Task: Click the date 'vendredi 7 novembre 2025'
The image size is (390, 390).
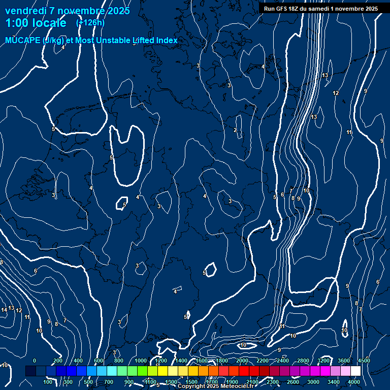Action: pyautogui.click(x=67, y=10)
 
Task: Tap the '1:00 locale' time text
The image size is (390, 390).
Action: pyautogui.click(x=36, y=23)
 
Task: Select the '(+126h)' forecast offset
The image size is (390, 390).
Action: pyautogui.click(x=90, y=22)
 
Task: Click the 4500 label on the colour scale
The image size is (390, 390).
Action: pyautogui.click(x=364, y=361)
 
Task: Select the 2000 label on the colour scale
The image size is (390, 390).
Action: pyautogui.click(x=242, y=361)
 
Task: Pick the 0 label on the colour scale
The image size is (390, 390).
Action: pyautogui.click(x=35, y=361)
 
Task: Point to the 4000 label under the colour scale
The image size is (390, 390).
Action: pyautogui.click(x=354, y=382)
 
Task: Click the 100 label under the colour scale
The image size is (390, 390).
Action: pyautogui.click(x=48, y=382)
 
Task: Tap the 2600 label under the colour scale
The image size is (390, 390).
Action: pyautogui.click(x=293, y=382)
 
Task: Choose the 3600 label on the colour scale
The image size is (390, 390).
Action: pyautogui.click(x=344, y=361)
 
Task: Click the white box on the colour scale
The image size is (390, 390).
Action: pyautogui.click(x=355, y=371)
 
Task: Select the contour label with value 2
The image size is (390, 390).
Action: pyautogui.click(x=235, y=131)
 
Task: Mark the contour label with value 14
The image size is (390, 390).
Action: pyautogui.click(x=4, y=310)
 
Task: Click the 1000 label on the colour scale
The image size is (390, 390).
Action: pyautogui.click(x=141, y=361)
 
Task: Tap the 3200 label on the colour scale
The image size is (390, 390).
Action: pyautogui.click(x=323, y=361)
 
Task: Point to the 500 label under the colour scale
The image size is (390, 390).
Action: pyautogui.click(x=89, y=382)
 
